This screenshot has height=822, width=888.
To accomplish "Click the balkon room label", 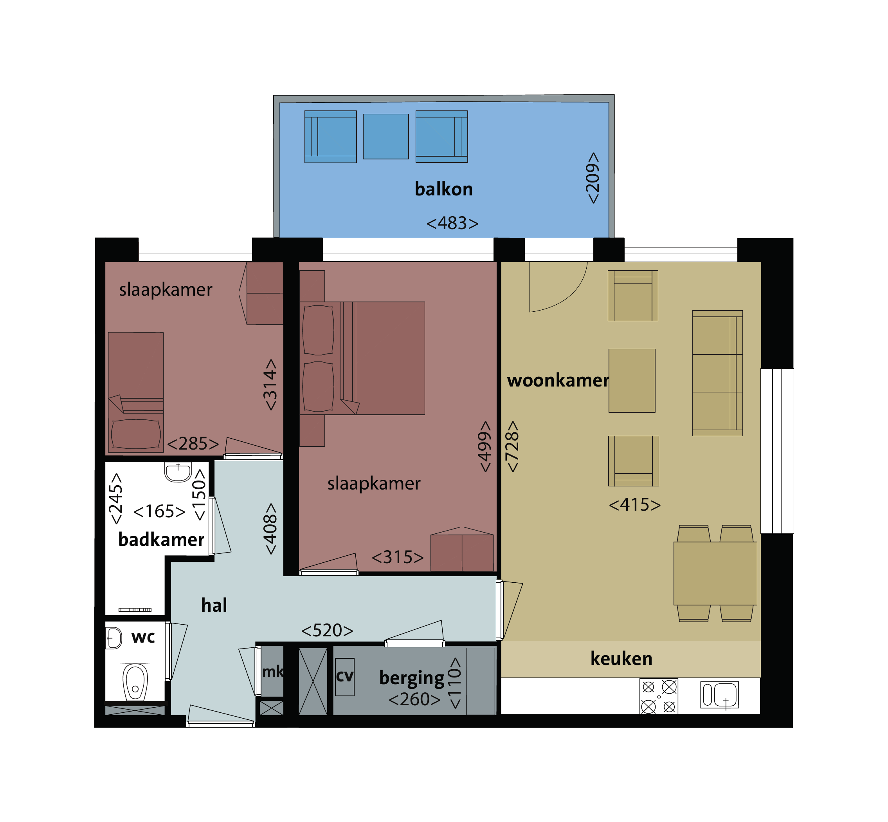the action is click(x=443, y=189).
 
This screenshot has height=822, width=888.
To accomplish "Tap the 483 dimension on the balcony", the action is click(x=452, y=223).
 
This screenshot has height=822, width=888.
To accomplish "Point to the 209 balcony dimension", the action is click(x=593, y=178).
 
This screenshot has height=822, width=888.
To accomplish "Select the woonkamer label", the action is click(x=557, y=380).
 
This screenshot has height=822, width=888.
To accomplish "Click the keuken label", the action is click(x=621, y=658).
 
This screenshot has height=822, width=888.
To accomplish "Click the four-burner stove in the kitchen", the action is click(x=659, y=696).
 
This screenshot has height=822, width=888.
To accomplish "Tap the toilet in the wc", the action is click(x=135, y=682).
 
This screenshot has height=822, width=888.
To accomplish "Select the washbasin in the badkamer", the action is click(x=178, y=472).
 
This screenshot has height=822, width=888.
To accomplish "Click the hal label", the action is click(x=214, y=605).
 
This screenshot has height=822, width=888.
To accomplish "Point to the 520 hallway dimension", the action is click(x=327, y=630).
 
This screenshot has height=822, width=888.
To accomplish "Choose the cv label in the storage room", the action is click(x=344, y=676).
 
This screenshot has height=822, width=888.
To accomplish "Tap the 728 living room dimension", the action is click(x=512, y=446).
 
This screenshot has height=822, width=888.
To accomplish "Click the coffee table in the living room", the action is click(x=632, y=381).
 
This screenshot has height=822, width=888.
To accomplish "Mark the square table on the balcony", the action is click(x=386, y=137).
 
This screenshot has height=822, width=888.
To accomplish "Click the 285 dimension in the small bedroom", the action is click(x=193, y=443).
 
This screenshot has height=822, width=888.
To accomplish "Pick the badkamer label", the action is click(x=161, y=540).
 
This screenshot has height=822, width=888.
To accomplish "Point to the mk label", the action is click(x=272, y=671).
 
